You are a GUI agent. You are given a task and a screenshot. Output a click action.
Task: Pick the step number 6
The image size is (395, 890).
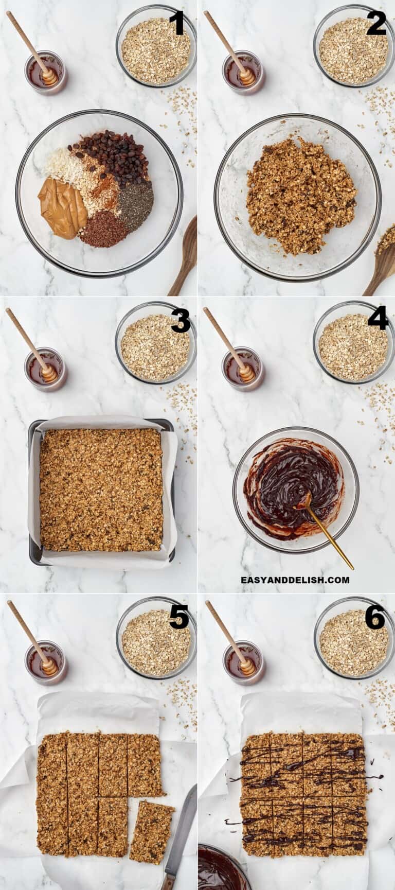click(x=375, y=617)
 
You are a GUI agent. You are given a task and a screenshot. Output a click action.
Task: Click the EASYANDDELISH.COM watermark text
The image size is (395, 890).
click(x=295, y=580)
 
